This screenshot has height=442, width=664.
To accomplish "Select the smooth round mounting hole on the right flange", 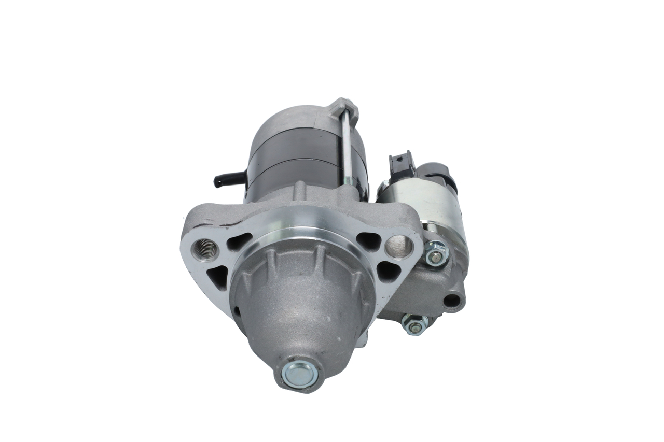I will pyautogui.click(x=399, y=246).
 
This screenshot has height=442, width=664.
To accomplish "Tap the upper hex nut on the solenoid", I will pyautogui.click(x=436, y=253).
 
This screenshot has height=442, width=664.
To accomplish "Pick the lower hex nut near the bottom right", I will pyautogui.click(x=414, y=325).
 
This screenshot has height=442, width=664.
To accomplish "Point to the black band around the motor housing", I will pyautogui.click(x=296, y=155).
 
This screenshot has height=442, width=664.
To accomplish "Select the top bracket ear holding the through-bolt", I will pyautogui.click(x=345, y=106).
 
